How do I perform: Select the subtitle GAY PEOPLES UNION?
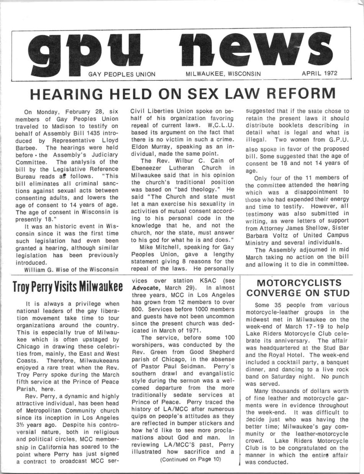122,74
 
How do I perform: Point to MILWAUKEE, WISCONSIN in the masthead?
223,74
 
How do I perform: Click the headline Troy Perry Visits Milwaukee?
67,286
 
